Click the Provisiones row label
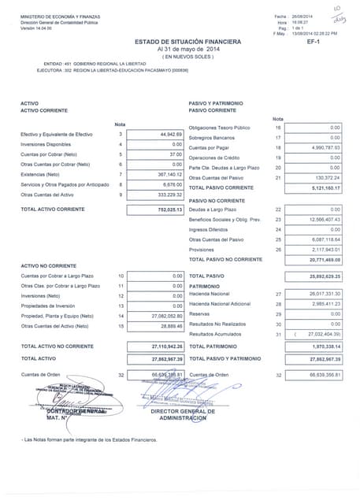(202, 249)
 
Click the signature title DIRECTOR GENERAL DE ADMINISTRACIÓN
(199, 414)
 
